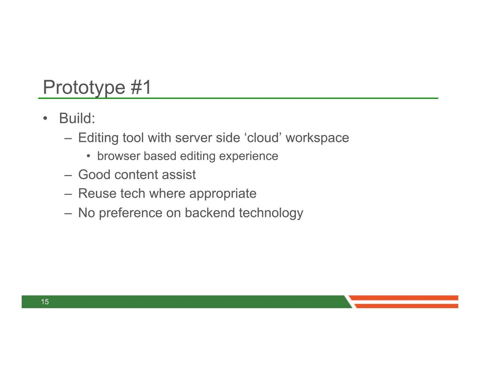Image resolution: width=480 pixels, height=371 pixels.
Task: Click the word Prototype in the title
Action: [x=84, y=88]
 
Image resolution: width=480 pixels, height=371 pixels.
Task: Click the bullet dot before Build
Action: [x=45, y=118]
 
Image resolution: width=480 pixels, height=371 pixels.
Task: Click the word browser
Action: [x=119, y=156]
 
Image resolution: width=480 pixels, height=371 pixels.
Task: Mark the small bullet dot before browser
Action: [x=88, y=156]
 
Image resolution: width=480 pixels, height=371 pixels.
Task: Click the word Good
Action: [x=94, y=175]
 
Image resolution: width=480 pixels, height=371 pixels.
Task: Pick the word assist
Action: [x=179, y=175]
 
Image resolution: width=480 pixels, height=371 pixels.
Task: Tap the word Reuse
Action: [x=97, y=194]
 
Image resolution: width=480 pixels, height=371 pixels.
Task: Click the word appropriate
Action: [x=222, y=194]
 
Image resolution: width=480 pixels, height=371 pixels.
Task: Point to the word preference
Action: [x=130, y=213]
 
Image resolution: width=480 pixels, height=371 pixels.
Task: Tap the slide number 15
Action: [x=45, y=302]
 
